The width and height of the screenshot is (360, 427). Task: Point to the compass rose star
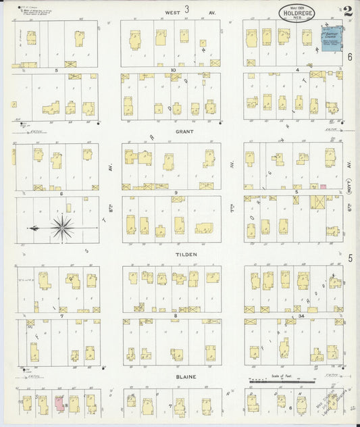tap(63, 228)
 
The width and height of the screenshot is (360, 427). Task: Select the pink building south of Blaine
tap(59, 403)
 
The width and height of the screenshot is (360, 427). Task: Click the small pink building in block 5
tap(323, 186)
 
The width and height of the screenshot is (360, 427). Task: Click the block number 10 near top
tap(174, 70)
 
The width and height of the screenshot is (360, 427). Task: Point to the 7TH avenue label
tap(232, 220)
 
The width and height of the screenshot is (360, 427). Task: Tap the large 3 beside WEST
tap(186, 9)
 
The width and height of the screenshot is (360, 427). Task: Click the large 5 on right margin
tap(351, 257)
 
